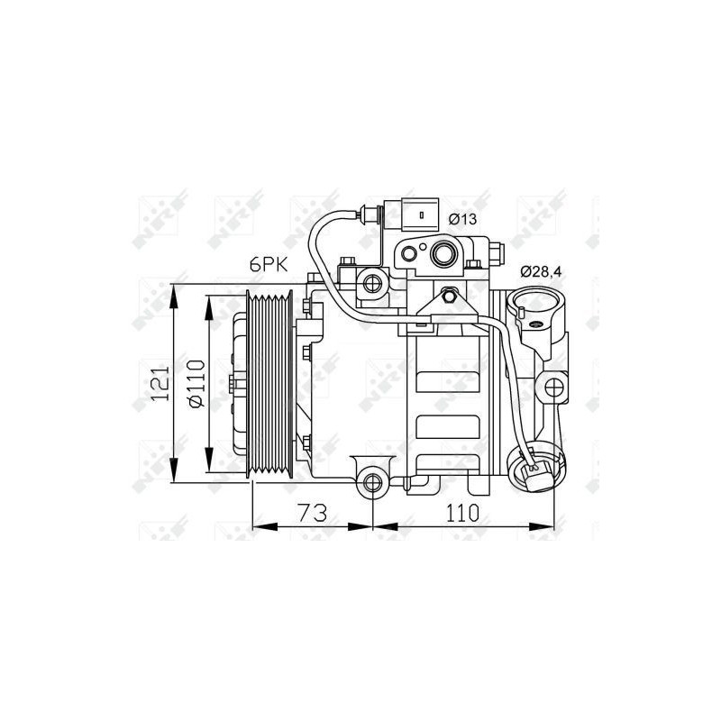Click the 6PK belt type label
tap(269, 265)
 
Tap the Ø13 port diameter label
tap(462, 219)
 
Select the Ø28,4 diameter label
tap(541, 272)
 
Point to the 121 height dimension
tap(160, 384)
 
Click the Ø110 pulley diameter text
tap(196, 384)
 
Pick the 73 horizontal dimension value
tap(312, 512)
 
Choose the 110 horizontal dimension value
tap(462, 512)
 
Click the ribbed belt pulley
tap(269, 384)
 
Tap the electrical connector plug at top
tap(420, 214)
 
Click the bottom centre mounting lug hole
tap(372, 482)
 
